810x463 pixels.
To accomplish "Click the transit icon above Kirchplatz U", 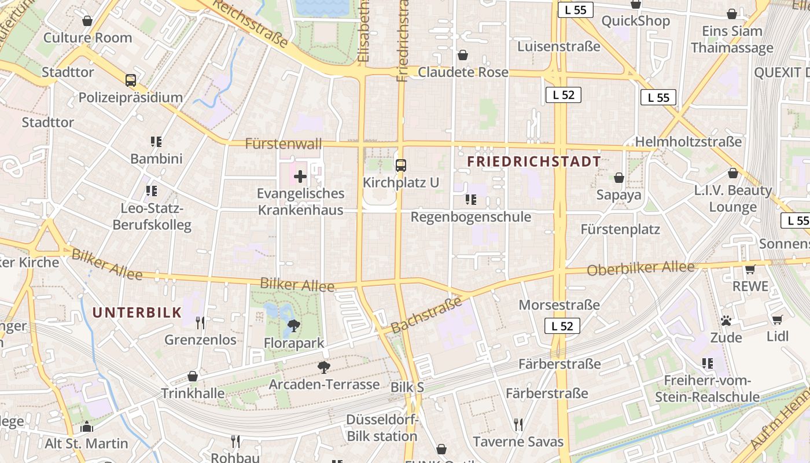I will coord(400,166).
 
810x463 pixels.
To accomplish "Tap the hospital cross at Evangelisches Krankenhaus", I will coord(300,177).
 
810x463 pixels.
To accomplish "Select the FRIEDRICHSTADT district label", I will coord(533,161).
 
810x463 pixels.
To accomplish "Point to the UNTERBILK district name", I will coord(137,313).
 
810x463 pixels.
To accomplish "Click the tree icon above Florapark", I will coord(294,326).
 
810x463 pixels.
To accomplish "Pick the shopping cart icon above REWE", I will coord(750,269).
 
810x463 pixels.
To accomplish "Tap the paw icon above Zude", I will coord(726,320).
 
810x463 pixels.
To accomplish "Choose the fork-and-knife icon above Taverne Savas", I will coord(518,425).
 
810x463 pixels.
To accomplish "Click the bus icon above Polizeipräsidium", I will coord(131,80).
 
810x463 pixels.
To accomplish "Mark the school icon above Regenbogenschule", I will coord(471,200).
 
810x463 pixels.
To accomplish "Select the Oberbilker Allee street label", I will coord(640,269).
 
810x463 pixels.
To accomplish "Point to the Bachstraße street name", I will coord(426,315).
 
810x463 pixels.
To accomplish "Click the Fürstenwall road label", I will coord(283,144).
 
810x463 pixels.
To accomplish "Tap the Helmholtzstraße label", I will coord(688,142).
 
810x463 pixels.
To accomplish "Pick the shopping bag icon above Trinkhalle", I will coord(193,376).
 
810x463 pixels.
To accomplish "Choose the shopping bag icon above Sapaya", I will coord(619,178).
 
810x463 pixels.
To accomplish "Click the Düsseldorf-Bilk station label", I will coord(382,428).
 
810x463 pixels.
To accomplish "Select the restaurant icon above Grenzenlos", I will coord(200,322).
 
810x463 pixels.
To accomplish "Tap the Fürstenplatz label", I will coord(620,229).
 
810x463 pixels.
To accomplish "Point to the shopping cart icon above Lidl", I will coord(777,320).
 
